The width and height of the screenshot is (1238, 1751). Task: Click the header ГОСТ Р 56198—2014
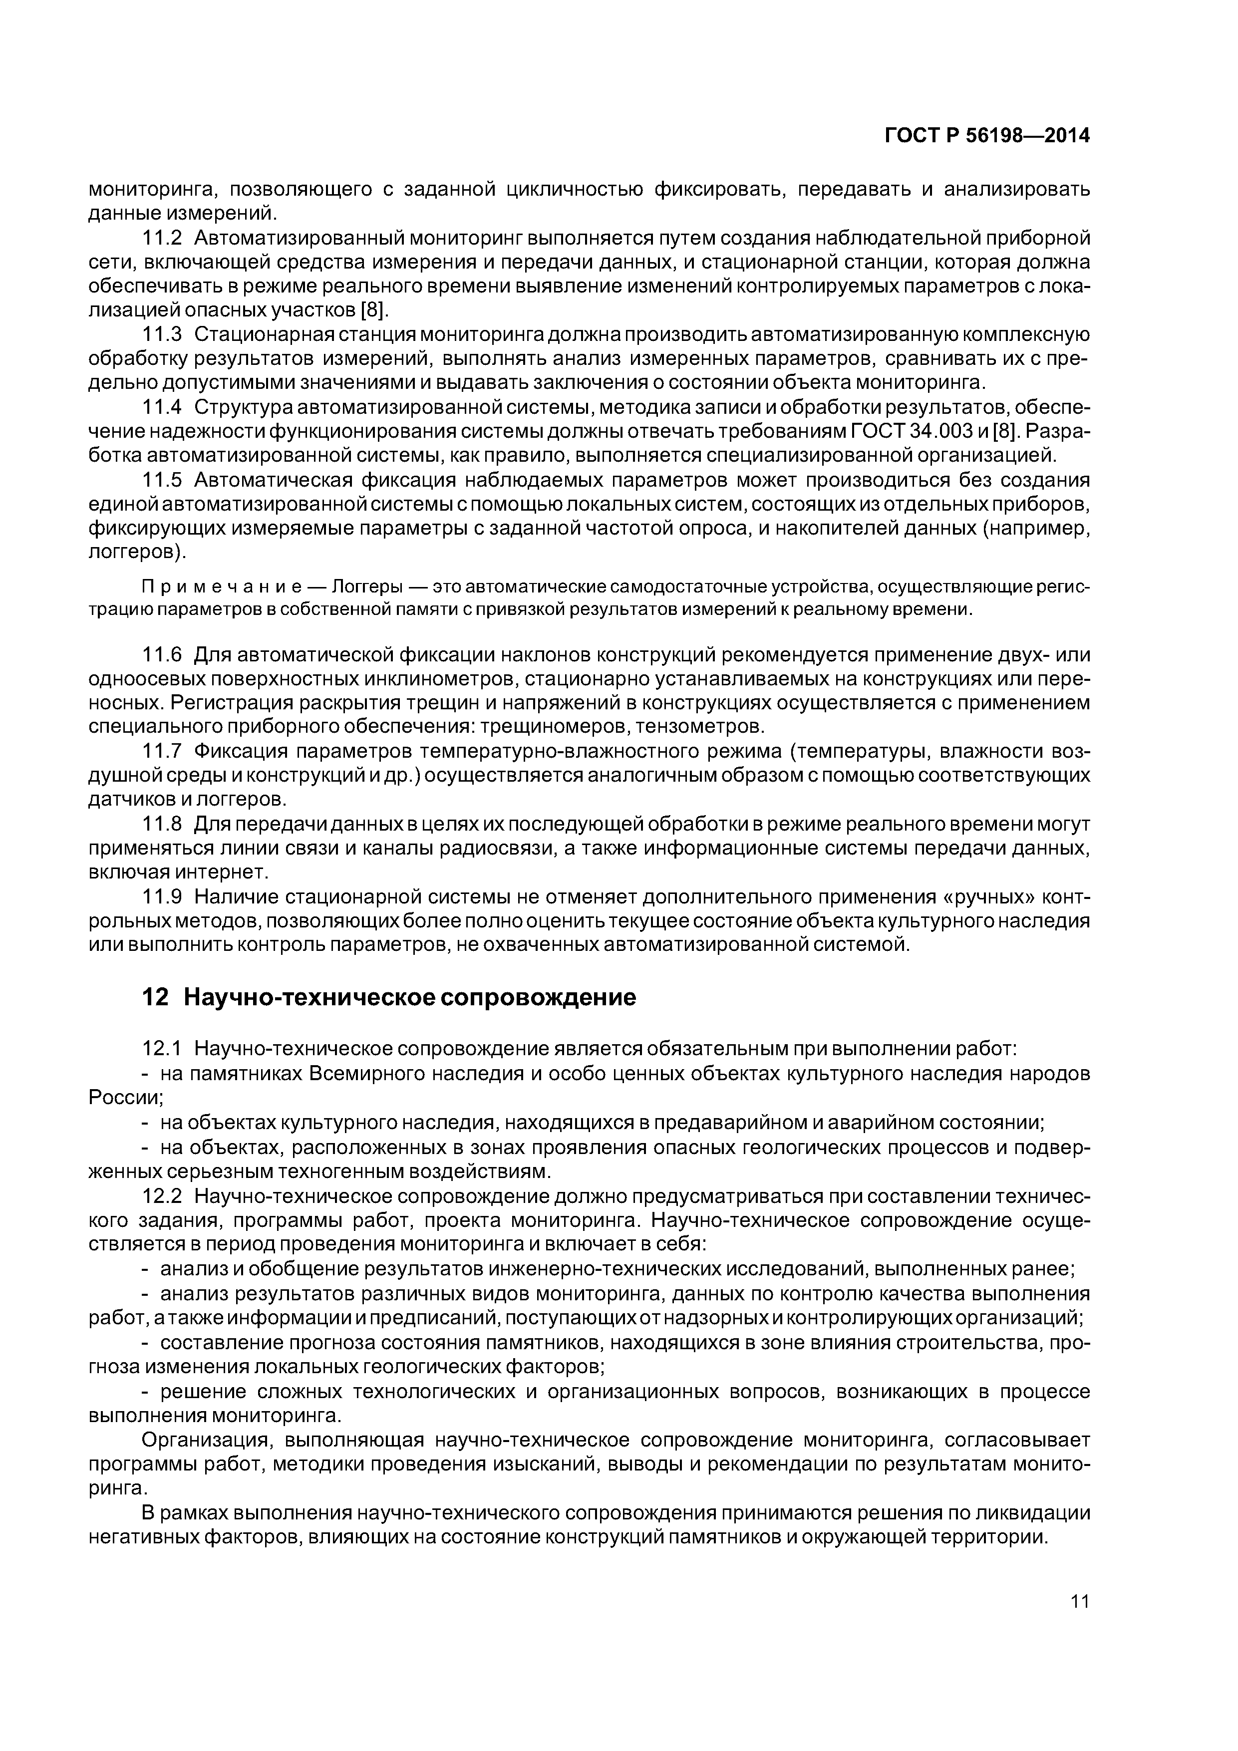pos(987,136)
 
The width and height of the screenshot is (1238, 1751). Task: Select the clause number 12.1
pos(162,1049)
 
